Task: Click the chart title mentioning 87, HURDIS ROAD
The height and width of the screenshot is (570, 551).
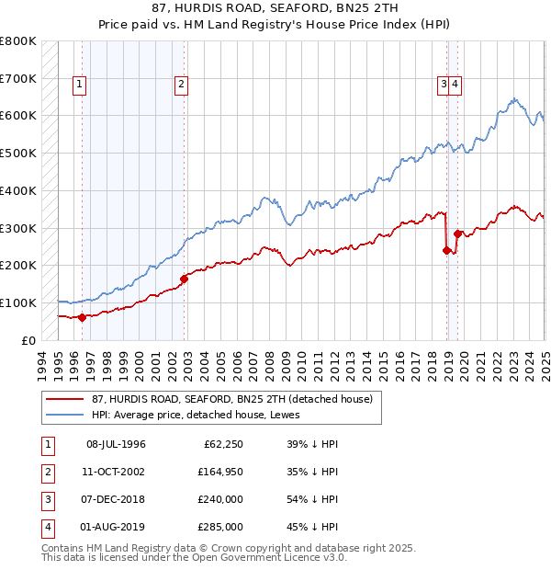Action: [x=275, y=8]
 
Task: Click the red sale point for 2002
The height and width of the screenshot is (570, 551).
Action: [x=184, y=279]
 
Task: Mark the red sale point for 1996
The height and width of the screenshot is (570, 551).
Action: [x=82, y=317]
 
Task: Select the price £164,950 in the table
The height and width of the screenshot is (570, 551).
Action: [x=219, y=472]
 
